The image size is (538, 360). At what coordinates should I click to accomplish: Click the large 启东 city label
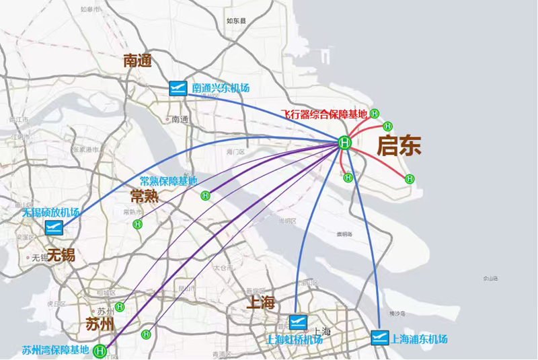399,146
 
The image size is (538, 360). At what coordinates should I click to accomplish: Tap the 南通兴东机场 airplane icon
178,88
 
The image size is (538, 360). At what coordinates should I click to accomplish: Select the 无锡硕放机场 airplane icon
54,227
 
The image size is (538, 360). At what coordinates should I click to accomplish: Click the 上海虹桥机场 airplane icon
298,322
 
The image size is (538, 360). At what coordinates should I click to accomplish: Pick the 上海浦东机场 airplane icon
379,338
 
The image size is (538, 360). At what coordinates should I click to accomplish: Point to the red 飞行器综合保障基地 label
324,114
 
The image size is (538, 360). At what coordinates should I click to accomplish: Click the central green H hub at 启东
344,143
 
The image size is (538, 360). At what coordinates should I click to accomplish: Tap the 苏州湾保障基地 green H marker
100,351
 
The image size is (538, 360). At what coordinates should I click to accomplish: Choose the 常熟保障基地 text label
168,181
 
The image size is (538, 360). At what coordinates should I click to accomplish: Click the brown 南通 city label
139,61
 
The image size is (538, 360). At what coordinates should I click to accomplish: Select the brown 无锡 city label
61,254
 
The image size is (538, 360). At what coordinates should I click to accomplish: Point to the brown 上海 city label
262,302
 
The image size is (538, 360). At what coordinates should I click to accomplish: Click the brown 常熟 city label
145,196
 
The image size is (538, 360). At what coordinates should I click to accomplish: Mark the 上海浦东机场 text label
419,338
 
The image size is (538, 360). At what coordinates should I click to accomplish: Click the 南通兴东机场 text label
221,88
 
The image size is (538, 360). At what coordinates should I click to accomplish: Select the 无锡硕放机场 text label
50,213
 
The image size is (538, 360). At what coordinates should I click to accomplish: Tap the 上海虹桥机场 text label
295,339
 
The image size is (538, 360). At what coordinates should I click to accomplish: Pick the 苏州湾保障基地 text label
55,351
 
